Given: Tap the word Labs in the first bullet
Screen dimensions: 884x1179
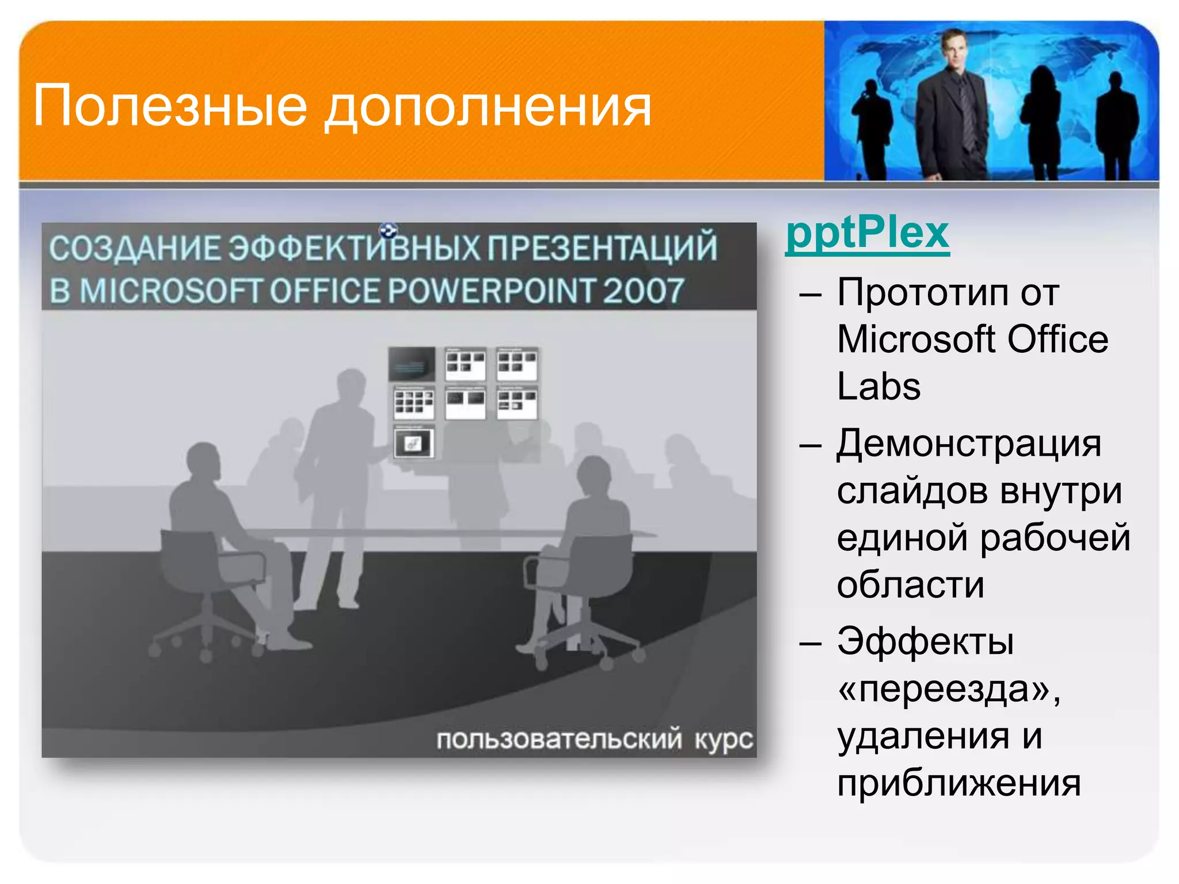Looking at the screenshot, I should pyautogui.click(x=878, y=386).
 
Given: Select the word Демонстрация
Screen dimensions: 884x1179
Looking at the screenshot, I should pyautogui.click(x=968, y=444).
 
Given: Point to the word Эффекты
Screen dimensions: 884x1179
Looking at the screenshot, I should pyautogui.click(x=925, y=642).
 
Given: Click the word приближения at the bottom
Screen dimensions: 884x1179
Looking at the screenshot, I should pyautogui.click(x=959, y=783).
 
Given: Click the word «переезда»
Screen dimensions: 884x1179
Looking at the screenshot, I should pyautogui.click(x=948, y=689).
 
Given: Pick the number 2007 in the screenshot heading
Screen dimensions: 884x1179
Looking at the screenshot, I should pyautogui.click(x=643, y=291).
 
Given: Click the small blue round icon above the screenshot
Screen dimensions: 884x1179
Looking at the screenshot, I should pyautogui.click(x=389, y=231).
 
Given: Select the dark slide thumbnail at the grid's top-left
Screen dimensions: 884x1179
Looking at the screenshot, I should pyautogui.click(x=412, y=364).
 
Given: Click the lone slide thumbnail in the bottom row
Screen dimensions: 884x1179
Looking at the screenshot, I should pyautogui.click(x=414, y=443).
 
